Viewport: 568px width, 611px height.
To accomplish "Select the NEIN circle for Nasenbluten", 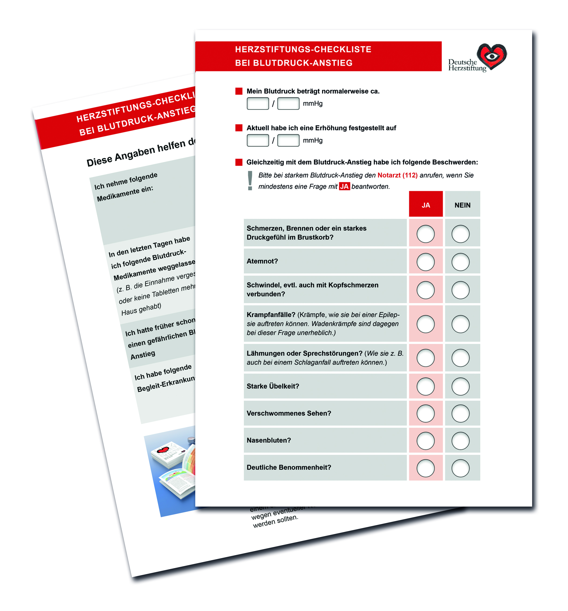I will click(x=460, y=441).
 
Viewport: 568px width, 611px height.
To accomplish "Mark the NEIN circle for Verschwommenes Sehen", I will click(x=460, y=413).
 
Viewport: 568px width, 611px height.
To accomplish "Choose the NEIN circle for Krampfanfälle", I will click(x=460, y=324).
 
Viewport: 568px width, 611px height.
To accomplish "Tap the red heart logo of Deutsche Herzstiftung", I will click(x=492, y=56).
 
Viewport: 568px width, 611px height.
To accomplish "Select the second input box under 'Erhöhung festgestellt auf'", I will click(x=288, y=140).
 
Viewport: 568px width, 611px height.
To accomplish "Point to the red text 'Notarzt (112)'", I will click(x=397, y=175).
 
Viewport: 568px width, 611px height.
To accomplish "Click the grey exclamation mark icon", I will click(x=250, y=181).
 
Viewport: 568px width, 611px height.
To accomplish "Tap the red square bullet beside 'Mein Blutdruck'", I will click(x=239, y=91).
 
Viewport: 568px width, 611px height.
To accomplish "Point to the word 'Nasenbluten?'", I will click(x=268, y=440).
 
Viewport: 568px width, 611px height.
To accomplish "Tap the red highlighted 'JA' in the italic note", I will click(x=344, y=186).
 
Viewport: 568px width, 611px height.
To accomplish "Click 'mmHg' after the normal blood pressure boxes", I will click(x=313, y=104).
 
